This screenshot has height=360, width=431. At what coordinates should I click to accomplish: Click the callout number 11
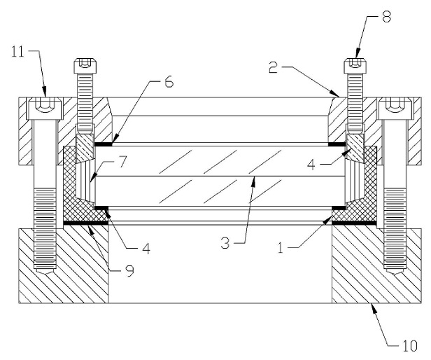click(18, 51)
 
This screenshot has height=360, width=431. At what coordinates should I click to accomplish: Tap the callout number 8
click(386, 17)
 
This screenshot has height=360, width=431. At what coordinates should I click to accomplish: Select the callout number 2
click(273, 67)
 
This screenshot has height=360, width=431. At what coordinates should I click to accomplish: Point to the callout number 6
click(169, 82)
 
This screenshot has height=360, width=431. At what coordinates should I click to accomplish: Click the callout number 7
click(122, 162)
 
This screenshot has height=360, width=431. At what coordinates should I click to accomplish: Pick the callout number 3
click(225, 243)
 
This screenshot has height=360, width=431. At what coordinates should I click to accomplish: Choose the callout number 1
click(281, 248)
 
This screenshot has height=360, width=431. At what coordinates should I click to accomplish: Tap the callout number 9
click(129, 271)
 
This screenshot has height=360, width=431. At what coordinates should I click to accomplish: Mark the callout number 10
click(410, 346)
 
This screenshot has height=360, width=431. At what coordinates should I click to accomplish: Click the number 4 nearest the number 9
click(146, 249)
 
